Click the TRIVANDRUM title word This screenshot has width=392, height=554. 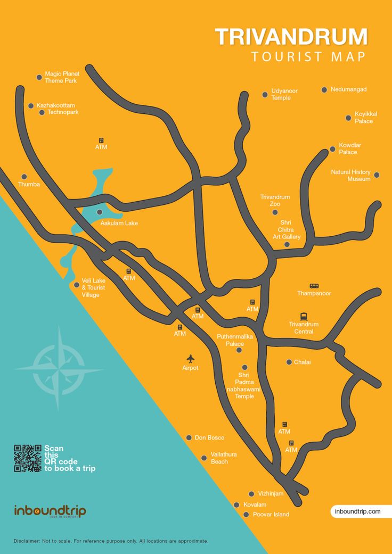click(291, 37)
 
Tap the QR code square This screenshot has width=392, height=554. click(27, 458)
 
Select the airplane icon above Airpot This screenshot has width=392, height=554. click(190, 359)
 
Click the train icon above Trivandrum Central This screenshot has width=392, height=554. click(304, 316)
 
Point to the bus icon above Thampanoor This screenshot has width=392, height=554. click(314, 286)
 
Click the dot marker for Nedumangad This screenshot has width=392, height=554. click(324, 89)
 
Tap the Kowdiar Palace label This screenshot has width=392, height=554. click(349, 148)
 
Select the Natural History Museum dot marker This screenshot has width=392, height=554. click(377, 175)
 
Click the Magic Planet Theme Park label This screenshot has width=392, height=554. click(61, 77)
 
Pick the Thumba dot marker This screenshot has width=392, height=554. click(24, 177)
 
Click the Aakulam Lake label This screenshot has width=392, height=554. click(119, 223)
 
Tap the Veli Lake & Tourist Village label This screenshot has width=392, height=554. click(93, 287)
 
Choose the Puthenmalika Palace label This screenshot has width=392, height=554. click(234, 340)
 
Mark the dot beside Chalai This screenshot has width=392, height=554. click(289, 362)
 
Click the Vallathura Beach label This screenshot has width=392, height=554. click(224, 458)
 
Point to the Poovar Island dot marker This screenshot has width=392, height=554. click(246, 515)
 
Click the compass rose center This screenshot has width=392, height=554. click(59, 369)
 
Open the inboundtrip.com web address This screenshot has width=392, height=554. click(357, 511)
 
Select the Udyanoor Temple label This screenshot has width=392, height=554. click(284, 94)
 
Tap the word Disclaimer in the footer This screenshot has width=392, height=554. click(27, 541)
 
